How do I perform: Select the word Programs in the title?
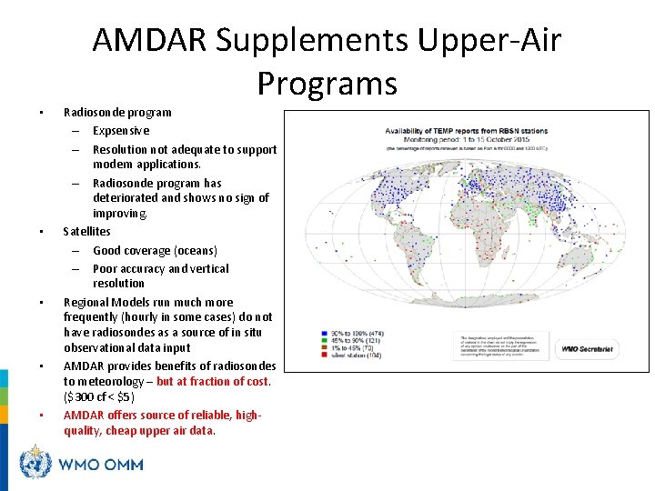tap(327, 84)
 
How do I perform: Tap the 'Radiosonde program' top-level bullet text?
tap(116, 113)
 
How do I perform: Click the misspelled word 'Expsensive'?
tap(121, 130)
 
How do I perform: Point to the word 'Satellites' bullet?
tap(86, 232)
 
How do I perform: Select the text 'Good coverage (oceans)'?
tap(155, 250)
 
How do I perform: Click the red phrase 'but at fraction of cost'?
tap(213, 382)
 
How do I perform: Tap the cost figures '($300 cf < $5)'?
tap(98, 397)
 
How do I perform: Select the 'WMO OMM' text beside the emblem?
tap(100, 465)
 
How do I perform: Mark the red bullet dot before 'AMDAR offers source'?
tap(41, 416)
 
